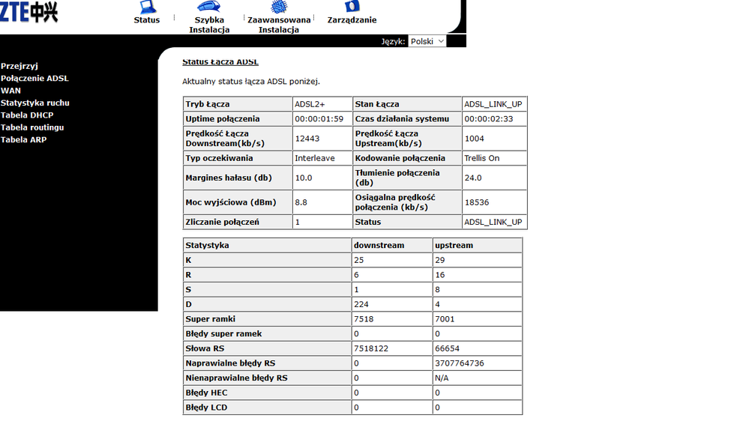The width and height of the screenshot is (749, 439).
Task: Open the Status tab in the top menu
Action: pyautogui.click(x=147, y=13)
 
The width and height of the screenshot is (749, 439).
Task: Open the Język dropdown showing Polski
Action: pyautogui.click(x=427, y=41)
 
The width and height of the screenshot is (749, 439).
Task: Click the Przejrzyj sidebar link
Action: pyautogui.click(x=19, y=66)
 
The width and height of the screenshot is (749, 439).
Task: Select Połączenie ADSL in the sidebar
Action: pyautogui.click(x=34, y=78)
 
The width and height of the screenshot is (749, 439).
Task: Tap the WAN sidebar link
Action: pyautogui.click(x=10, y=91)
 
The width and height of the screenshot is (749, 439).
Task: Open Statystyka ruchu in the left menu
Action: pyautogui.click(x=35, y=103)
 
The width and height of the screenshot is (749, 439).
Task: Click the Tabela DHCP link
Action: pyautogui.click(x=27, y=115)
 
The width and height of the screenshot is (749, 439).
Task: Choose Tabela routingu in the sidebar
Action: pyautogui.click(x=32, y=127)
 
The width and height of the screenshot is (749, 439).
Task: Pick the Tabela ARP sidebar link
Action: pyautogui.click(x=24, y=139)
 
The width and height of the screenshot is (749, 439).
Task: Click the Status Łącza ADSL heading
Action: pyautogui.click(x=220, y=61)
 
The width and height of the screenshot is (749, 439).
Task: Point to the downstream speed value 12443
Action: pyautogui.click(x=307, y=138)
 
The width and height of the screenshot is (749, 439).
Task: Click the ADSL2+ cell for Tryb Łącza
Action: pyautogui.click(x=310, y=104)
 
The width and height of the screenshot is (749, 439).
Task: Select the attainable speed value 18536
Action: pyautogui.click(x=476, y=202)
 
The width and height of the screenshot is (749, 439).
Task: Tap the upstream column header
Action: pyautogui.click(x=454, y=245)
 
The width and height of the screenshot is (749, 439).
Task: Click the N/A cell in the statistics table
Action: pyautogui.click(x=442, y=378)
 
